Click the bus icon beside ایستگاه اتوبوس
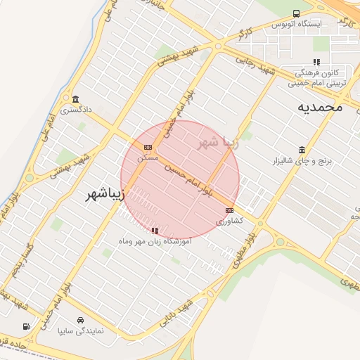point(297,13)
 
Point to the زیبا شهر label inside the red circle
point(218,143)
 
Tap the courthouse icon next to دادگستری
point(75,98)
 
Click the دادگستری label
point(76,110)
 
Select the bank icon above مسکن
point(148,147)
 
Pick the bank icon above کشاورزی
point(229,210)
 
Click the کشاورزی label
point(229,221)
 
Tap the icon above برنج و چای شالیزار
point(302,150)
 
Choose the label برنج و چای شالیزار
point(302,161)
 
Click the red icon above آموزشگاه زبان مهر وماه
point(155,230)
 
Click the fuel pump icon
point(26,326)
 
